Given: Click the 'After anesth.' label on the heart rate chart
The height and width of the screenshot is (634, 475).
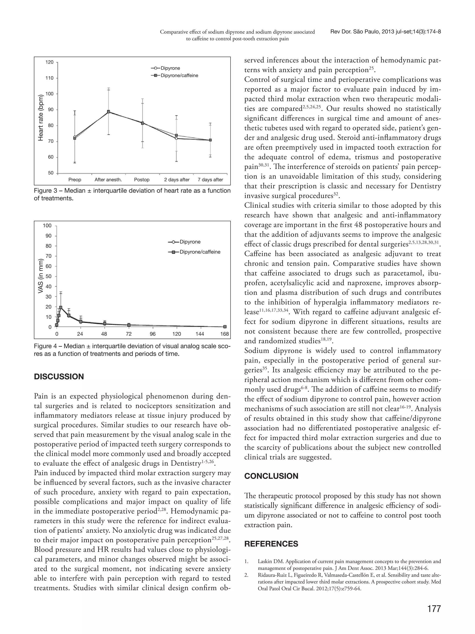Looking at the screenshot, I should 108,180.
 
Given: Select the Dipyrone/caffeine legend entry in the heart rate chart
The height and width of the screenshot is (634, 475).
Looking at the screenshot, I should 175,76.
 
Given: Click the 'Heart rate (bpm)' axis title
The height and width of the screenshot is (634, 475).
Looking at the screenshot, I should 41,117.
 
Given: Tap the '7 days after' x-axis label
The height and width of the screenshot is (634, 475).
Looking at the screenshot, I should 210,180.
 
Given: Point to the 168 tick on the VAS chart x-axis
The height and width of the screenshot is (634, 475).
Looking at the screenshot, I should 225,334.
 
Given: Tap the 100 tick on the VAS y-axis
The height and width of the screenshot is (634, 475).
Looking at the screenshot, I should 47,226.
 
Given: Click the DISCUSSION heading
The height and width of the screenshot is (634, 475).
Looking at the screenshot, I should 59,377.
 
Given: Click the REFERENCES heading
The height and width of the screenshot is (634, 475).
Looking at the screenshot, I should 271,544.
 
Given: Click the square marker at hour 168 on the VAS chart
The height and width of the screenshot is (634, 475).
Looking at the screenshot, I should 225,327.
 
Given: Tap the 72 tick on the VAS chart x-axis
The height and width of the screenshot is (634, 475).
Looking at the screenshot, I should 129,334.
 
